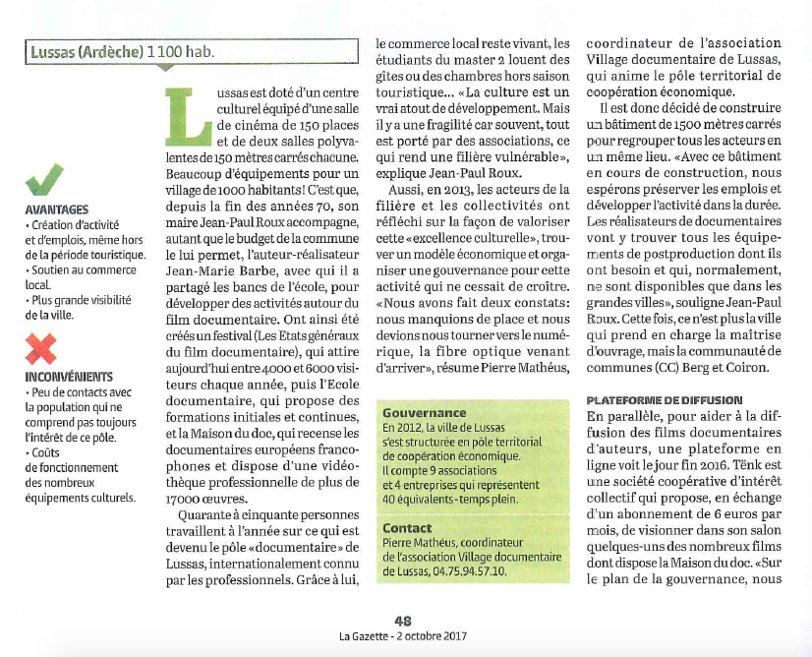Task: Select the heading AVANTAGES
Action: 56,209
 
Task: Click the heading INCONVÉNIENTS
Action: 70,376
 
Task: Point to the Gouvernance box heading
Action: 424,413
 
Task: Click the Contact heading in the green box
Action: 406,528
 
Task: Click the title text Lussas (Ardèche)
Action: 87,51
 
